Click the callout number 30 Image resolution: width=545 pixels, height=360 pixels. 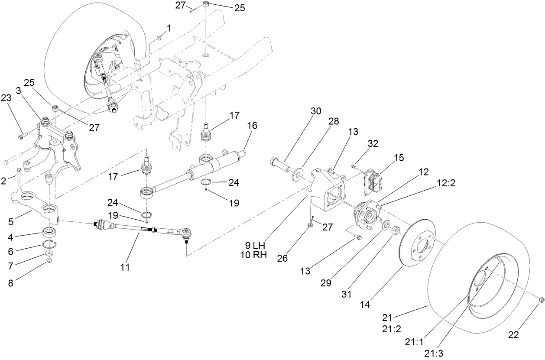click(315, 110)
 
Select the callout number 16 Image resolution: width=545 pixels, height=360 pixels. click(252, 126)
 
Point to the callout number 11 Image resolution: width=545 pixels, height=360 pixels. click(125, 267)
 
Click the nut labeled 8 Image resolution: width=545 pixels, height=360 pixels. click(49, 260)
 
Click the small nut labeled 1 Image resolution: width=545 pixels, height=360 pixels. click(159, 39)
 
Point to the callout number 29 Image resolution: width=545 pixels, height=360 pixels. click(326, 282)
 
